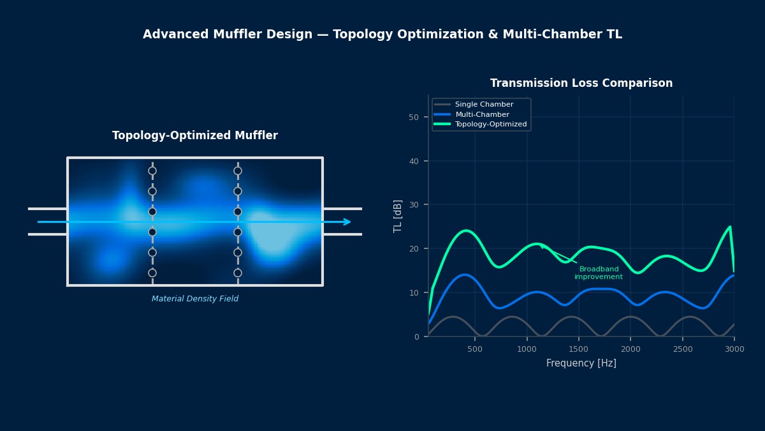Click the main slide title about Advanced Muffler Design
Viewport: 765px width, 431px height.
382,34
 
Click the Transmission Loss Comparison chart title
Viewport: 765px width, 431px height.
581,84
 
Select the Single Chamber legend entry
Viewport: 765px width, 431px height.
484,104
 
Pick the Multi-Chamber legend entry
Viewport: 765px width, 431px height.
482,114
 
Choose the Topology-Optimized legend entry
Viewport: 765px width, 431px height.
490,125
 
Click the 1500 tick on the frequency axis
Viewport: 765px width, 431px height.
579,349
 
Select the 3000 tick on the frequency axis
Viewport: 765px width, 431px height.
734,349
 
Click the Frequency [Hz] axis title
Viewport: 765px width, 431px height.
581,363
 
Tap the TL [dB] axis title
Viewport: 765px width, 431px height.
398,216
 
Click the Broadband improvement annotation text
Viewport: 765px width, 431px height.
599,273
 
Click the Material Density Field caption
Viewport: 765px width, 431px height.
195,299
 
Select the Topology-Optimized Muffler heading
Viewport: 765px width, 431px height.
195,136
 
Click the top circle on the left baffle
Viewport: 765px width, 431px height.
152,170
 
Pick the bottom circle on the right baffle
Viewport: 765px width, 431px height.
238,273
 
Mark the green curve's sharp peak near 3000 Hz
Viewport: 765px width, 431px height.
730,227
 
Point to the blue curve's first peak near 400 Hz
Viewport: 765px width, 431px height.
465,275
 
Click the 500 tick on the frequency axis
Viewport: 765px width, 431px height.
475,349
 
